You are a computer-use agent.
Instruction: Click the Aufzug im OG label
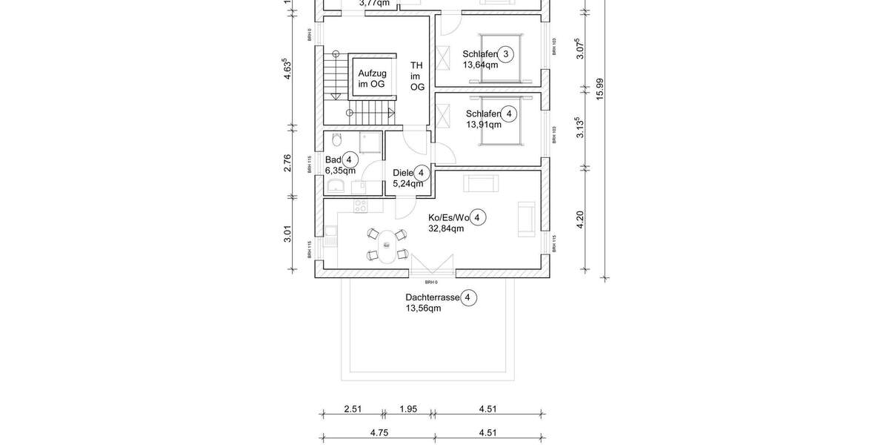point(372,79)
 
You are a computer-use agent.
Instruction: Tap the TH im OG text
point(417,76)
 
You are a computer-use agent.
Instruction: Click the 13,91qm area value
point(483,125)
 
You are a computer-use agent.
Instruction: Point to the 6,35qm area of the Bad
point(340,171)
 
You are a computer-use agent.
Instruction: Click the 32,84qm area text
point(446,228)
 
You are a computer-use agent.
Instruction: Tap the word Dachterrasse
point(431,297)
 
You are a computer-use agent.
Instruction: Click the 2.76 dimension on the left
point(287,163)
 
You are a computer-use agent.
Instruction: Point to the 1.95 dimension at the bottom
point(408,409)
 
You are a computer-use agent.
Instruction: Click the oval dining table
point(386,245)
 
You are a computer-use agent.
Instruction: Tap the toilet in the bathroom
point(336,140)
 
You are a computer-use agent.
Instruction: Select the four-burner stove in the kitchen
point(361,207)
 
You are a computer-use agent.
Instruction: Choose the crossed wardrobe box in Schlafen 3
point(445,56)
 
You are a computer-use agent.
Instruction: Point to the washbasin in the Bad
point(336,185)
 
